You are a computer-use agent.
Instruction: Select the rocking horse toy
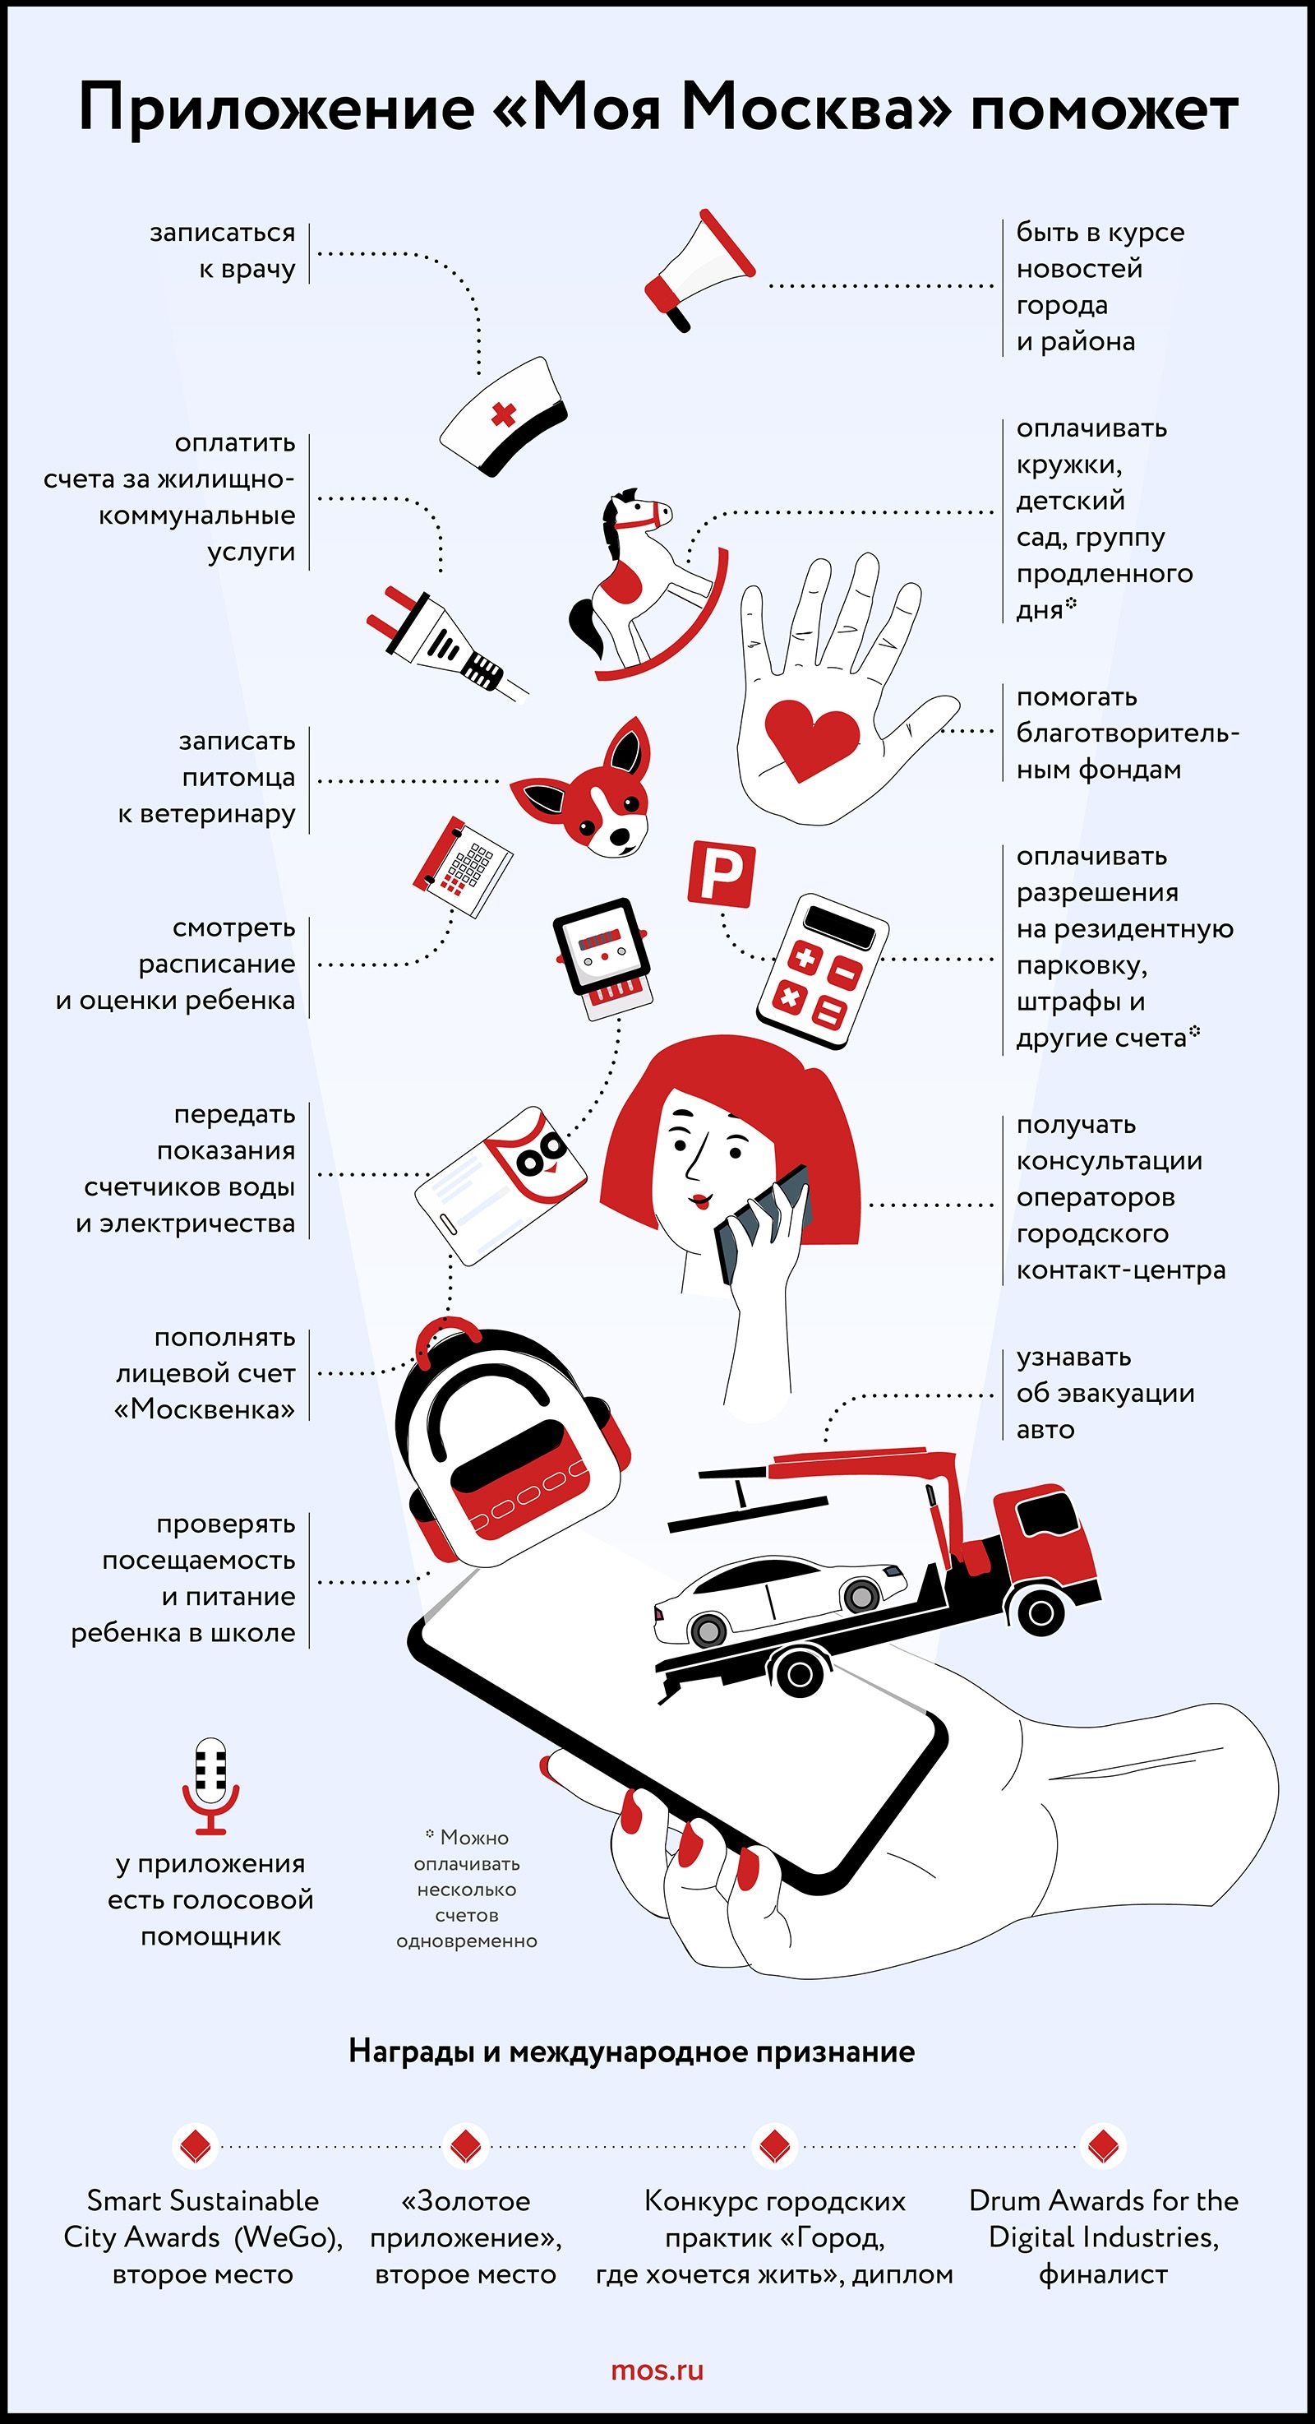pos(647,584)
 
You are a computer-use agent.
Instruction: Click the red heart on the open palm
pos(811,741)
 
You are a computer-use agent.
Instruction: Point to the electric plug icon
pos(448,643)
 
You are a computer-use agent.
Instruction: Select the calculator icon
pos(823,972)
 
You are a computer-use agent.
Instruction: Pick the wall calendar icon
pos(462,866)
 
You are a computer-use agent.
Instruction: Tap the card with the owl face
pos(501,1185)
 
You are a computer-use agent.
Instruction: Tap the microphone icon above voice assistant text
pos(210,1786)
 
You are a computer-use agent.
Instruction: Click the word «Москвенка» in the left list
pos(205,1409)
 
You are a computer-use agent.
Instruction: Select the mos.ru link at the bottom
pos(657,2371)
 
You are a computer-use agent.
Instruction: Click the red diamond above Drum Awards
pos(1102,2146)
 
